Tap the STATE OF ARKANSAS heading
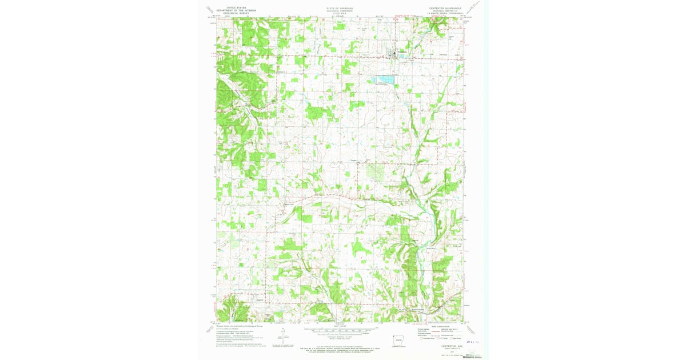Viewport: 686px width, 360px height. (340, 8)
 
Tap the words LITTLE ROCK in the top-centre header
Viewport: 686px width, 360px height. (340, 13)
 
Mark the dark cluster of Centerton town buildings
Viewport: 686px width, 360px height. (394, 54)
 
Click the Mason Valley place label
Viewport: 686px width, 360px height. (290, 203)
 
